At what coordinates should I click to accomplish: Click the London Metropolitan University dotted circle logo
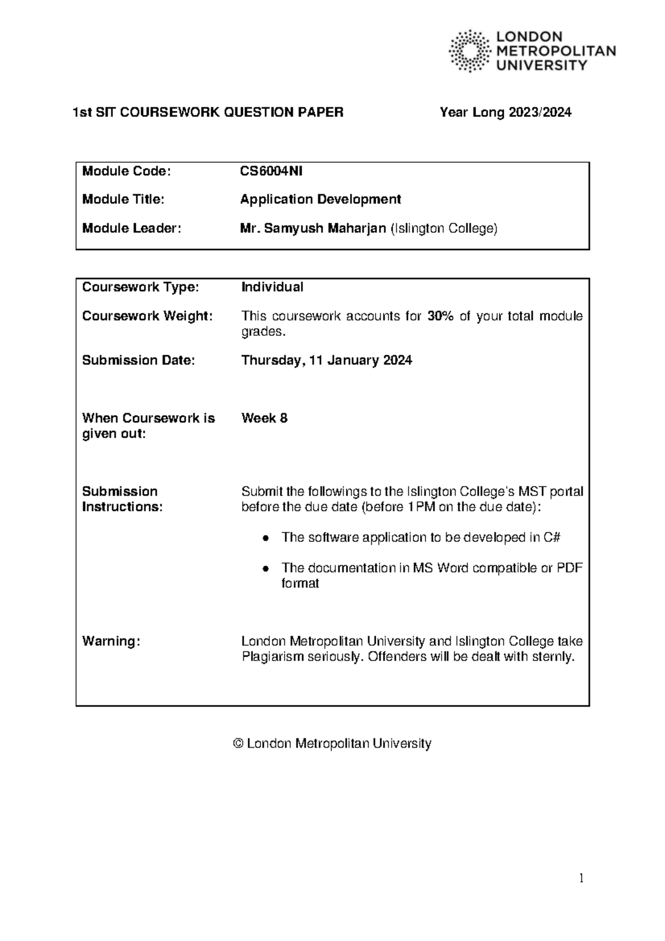pos(469,51)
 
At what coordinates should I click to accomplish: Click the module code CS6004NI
pos(271,171)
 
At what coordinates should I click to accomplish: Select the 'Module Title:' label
pos(123,200)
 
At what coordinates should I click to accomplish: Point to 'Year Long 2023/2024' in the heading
pos(505,112)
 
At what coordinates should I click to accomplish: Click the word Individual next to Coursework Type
pos(272,287)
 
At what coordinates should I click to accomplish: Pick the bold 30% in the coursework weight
pos(440,316)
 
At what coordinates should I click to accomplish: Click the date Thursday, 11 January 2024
pos(326,361)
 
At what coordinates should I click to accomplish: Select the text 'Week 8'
pos(264,418)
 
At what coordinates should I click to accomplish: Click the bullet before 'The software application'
pos(266,538)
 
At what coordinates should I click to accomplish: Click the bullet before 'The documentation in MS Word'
pos(266,569)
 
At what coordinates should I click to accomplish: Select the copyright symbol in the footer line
pos(238,744)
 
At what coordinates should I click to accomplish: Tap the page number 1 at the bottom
pos(581,878)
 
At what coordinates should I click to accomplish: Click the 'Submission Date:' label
pos(138,361)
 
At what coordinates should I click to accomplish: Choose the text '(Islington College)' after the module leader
pos(444,228)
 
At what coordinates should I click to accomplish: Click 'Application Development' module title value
pos(320,200)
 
